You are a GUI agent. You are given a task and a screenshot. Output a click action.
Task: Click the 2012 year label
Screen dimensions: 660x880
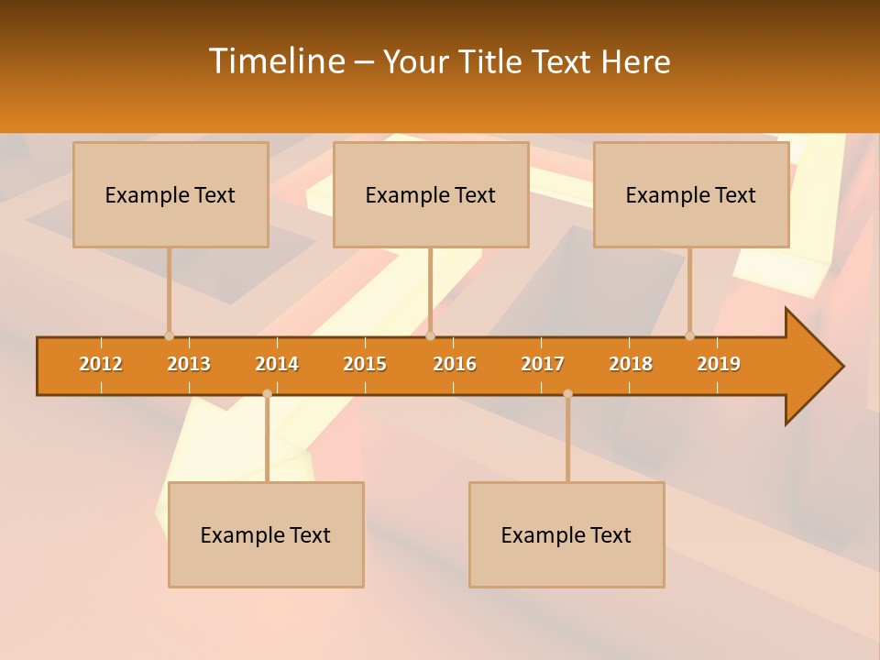101,364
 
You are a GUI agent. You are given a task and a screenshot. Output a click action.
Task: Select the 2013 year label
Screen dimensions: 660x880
189,364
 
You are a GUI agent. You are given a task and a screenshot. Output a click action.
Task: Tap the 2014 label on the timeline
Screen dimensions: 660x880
277,364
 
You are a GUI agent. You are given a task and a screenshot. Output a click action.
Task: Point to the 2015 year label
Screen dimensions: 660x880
365,364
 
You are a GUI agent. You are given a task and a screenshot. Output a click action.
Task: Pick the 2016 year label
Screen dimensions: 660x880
455,364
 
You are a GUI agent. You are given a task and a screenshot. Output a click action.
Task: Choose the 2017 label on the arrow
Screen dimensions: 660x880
543,364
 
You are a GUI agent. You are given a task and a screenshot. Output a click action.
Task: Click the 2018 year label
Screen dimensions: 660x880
631,364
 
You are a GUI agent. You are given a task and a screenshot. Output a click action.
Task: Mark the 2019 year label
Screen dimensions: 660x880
719,364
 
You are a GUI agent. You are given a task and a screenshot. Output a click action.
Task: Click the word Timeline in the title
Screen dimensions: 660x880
276,61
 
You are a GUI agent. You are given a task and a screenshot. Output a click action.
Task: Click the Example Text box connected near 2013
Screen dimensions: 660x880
170,195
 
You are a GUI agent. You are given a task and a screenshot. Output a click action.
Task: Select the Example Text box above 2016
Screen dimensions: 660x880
431,195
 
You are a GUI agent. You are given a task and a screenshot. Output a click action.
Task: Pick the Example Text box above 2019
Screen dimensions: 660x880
691,195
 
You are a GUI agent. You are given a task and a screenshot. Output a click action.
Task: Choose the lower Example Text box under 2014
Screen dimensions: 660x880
266,534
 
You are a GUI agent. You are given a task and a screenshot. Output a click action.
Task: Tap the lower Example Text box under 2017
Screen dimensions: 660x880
566,534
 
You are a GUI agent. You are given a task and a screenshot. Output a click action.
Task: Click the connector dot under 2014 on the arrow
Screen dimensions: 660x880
267,393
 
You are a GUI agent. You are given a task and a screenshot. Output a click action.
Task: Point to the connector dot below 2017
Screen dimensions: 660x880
567,393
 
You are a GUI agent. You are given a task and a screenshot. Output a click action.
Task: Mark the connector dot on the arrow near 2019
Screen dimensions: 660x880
689,335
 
